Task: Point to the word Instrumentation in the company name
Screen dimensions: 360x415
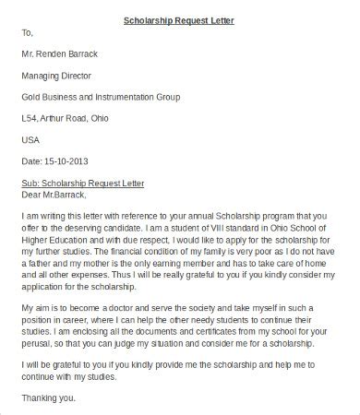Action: click(138, 97)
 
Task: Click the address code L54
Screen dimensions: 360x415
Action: click(30, 118)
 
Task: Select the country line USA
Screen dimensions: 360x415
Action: click(31, 139)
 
